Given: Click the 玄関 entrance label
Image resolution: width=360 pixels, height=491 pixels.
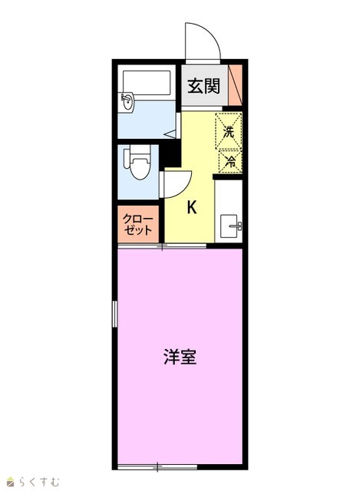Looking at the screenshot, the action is click(203, 86).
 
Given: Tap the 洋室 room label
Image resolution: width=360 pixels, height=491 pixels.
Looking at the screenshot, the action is click(180, 357).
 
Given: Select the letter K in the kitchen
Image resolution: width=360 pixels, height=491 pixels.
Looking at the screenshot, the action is click(192, 207).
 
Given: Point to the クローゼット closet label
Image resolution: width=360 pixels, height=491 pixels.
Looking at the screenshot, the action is click(138, 225).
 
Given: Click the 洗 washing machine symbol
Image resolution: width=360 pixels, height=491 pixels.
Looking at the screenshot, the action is click(229, 131).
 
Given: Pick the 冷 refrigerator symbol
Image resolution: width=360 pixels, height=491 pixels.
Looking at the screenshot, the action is click(230, 162).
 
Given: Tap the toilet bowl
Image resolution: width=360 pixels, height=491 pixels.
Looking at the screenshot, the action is click(137, 162).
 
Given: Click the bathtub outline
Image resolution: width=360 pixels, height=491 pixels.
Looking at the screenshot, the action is click(147, 83).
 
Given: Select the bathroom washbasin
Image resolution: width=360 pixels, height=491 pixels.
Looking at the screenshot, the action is click(127, 102).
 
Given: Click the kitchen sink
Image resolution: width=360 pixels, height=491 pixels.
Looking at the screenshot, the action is click(231, 226).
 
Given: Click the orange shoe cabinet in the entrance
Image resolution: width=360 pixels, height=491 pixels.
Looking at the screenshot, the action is click(235, 85).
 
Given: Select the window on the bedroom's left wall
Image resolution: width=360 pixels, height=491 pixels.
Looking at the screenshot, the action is click(115, 314).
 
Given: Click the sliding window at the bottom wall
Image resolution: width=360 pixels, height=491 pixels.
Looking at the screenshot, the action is click(157, 467).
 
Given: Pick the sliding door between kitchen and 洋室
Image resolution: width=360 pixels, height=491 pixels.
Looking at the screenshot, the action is click(162, 246).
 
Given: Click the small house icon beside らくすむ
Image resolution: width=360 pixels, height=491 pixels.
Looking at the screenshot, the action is click(11, 483).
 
